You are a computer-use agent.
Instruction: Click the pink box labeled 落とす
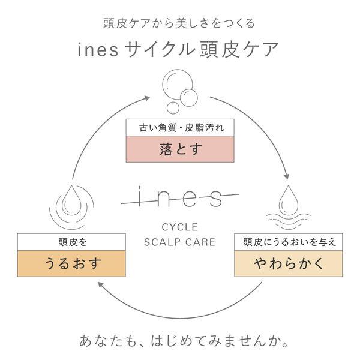click(x=180, y=149)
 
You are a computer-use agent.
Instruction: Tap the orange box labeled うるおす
click(x=71, y=263)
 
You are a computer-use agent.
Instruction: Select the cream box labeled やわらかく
click(x=289, y=263)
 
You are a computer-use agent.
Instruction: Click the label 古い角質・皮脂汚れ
click(x=181, y=128)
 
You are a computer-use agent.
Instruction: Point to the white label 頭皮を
click(x=73, y=242)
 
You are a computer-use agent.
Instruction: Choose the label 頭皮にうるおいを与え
click(x=290, y=242)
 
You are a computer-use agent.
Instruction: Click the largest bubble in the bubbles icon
click(x=177, y=84)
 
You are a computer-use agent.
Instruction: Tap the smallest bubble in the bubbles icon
click(x=173, y=107)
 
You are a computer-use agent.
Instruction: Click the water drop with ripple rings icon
click(x=71, y=206)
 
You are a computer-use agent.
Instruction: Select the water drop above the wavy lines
click(x=289, y=200)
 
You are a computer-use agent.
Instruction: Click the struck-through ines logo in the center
click(x=180, y=197)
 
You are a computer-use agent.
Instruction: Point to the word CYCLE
click(x=179, y=227)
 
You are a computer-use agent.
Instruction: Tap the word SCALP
click(x=162, y=242)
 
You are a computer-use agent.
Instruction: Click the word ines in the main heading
click(x=98, y=50)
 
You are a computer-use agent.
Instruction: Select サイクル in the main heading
click(x=160, y=49)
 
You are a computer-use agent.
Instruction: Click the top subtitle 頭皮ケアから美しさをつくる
click(x=179, y=23)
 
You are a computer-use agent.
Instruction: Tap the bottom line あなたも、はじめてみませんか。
click(x=184, y=341)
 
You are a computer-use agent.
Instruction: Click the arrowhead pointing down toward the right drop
click(x=286, y=176)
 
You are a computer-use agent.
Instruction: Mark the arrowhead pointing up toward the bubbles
click(x=147, y=98)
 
